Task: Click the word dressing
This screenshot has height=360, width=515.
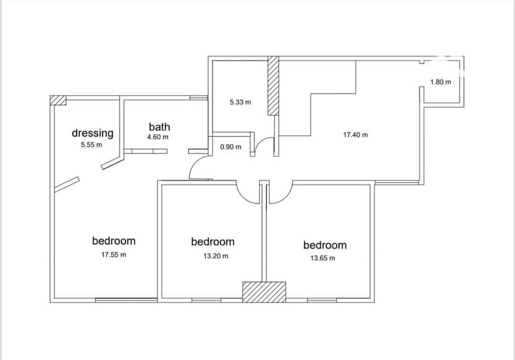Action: [93, 133]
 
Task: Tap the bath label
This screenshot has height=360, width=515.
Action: [159, 127]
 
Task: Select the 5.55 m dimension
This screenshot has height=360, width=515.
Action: [91, 144]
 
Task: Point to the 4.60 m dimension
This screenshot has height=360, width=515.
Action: [158, 137]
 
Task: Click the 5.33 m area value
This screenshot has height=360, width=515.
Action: [240, 102]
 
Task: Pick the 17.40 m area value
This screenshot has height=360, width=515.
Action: [356, 135]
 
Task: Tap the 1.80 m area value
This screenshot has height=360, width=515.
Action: [440, 82]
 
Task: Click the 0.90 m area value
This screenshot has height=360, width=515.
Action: [231, 147]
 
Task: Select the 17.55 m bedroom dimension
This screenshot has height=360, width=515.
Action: [114, 255]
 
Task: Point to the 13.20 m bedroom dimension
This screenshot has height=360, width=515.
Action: [216, 256]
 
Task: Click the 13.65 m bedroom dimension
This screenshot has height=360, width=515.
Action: [323, 258]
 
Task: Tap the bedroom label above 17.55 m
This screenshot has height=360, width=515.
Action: [114, 241]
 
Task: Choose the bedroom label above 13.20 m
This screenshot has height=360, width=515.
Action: [213, 242]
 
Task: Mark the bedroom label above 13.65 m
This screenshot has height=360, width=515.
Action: [325, 245]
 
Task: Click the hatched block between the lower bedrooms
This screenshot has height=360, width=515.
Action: [264, 292]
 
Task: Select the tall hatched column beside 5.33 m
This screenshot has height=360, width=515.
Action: [273, 86]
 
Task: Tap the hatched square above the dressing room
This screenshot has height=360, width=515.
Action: [58, 100]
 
